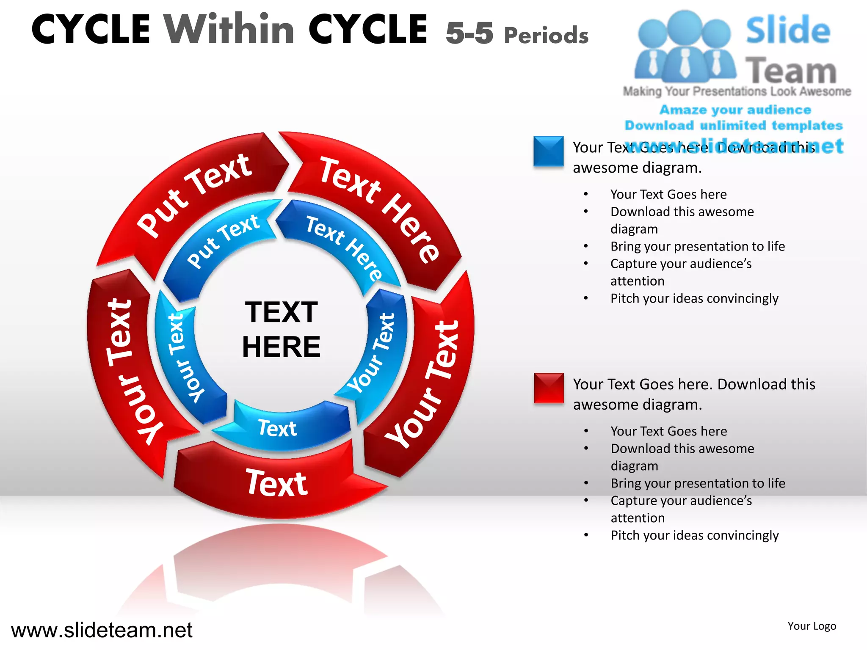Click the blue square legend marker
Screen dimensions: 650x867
[548, 151]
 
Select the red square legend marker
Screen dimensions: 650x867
[549, 388]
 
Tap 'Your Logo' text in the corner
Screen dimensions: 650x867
[812, 626]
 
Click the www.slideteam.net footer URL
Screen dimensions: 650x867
[102, 630]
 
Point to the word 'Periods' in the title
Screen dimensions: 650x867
[546, 35]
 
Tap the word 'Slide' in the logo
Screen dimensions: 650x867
[788, 30]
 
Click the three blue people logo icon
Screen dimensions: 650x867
[685, 47]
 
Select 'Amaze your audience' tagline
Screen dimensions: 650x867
[735, 110]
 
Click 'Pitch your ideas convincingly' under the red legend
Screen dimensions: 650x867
[694, 535]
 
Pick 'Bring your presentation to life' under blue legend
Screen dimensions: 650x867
[697, 246]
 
